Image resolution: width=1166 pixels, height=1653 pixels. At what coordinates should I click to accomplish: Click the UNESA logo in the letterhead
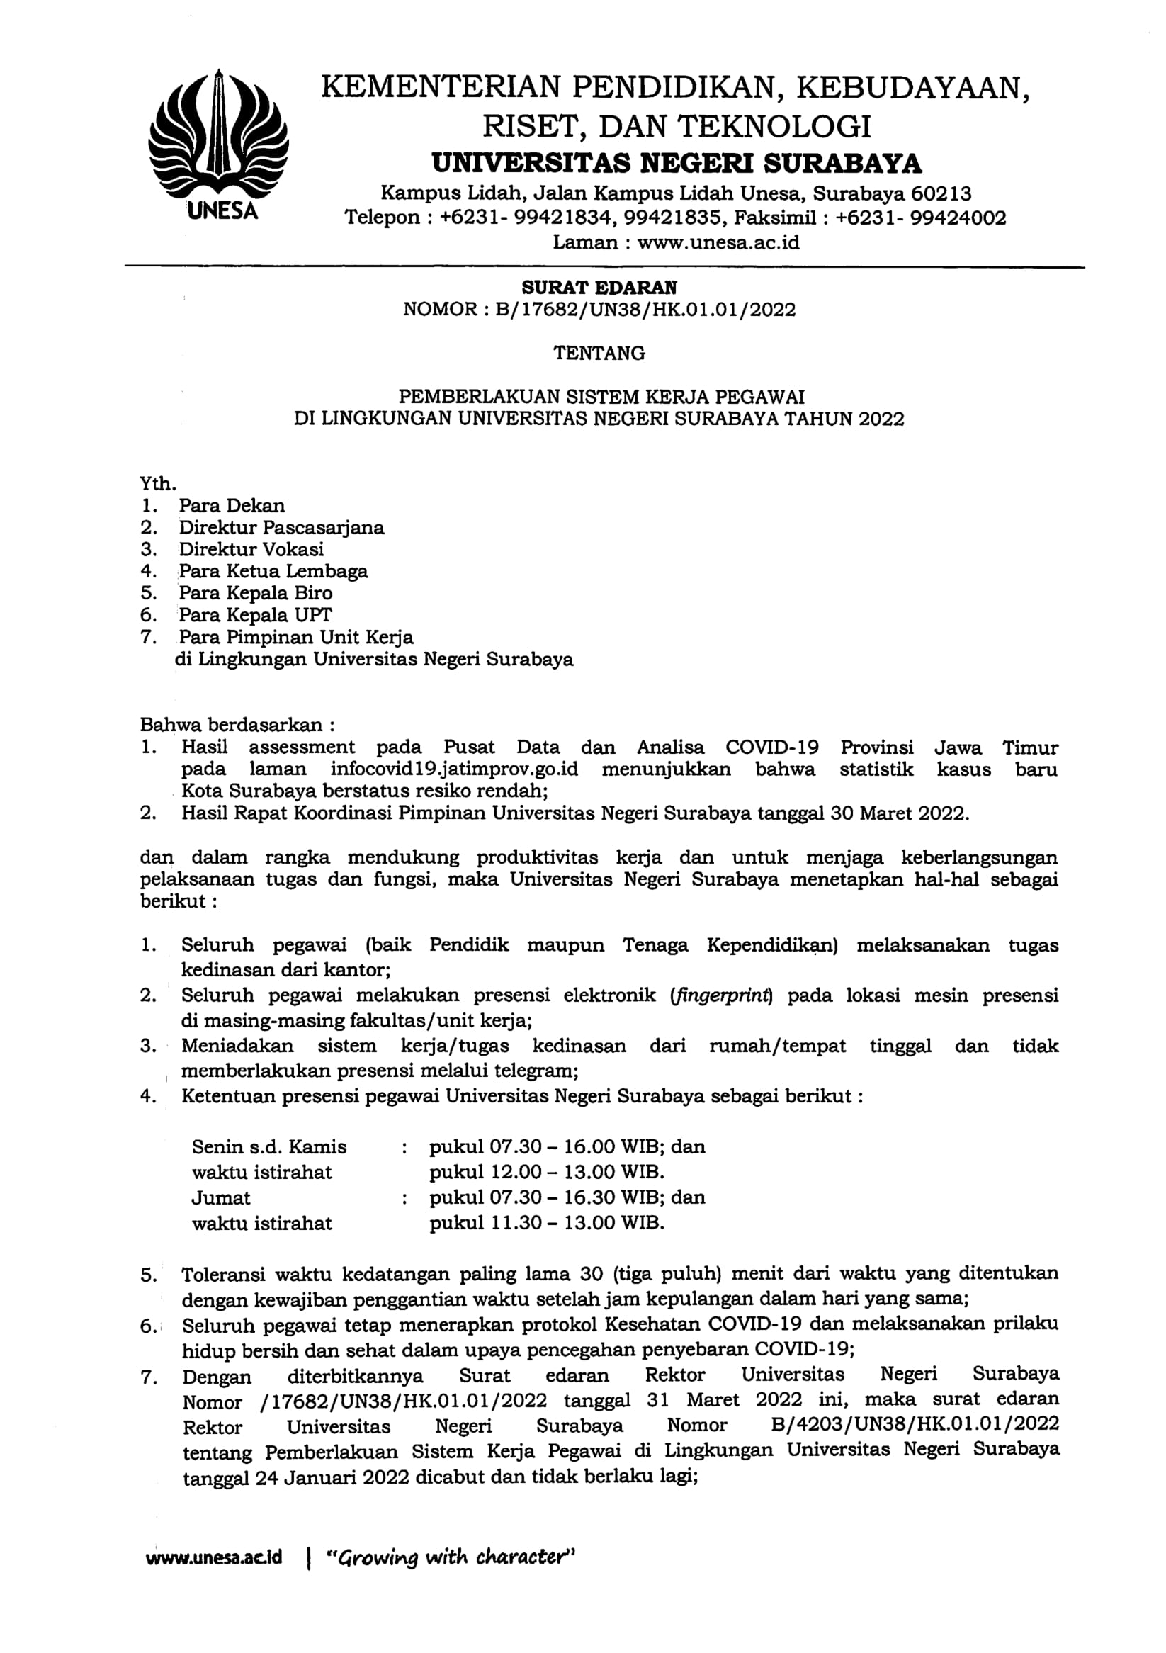click(x=218, y=144)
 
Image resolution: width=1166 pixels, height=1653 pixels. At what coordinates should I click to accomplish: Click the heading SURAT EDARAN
click(x=599, y=287)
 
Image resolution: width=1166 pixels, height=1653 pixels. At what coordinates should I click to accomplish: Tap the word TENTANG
click(x=599, y=353)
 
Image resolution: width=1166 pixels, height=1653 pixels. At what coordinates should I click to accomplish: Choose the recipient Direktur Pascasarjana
click(x=281, y=528)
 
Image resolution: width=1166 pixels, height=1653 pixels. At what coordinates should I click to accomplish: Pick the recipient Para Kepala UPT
click(x=255, y=615)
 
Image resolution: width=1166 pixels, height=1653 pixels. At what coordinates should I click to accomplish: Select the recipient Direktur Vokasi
click(x=251, y=549)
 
